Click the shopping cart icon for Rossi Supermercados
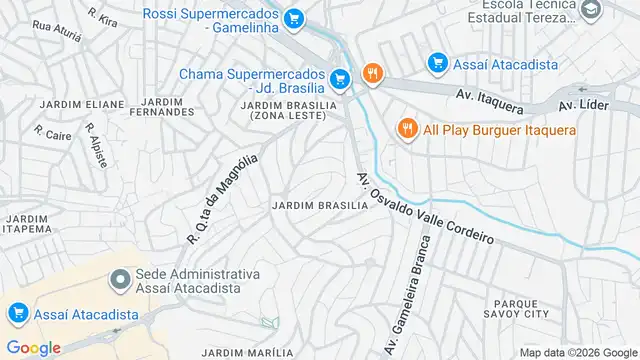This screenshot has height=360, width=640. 293,18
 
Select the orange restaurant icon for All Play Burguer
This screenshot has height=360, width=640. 407,130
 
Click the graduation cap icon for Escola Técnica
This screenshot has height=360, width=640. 591,10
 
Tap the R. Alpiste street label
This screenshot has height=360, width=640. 96,146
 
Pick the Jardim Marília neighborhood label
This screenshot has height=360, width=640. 247,352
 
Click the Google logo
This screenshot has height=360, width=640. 33,347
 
